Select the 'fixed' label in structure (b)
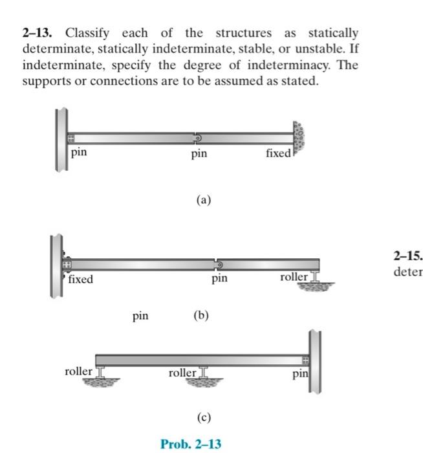click(x=80, y=280)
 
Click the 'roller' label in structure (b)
click(x=294, y=277)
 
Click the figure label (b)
click(x=201, y=316)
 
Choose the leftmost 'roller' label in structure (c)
click(x=79, y=371)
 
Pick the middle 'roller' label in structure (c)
click(x=182, y=373)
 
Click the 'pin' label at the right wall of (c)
click(x=300, y=374)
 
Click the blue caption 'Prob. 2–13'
click(x=191, y=444)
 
